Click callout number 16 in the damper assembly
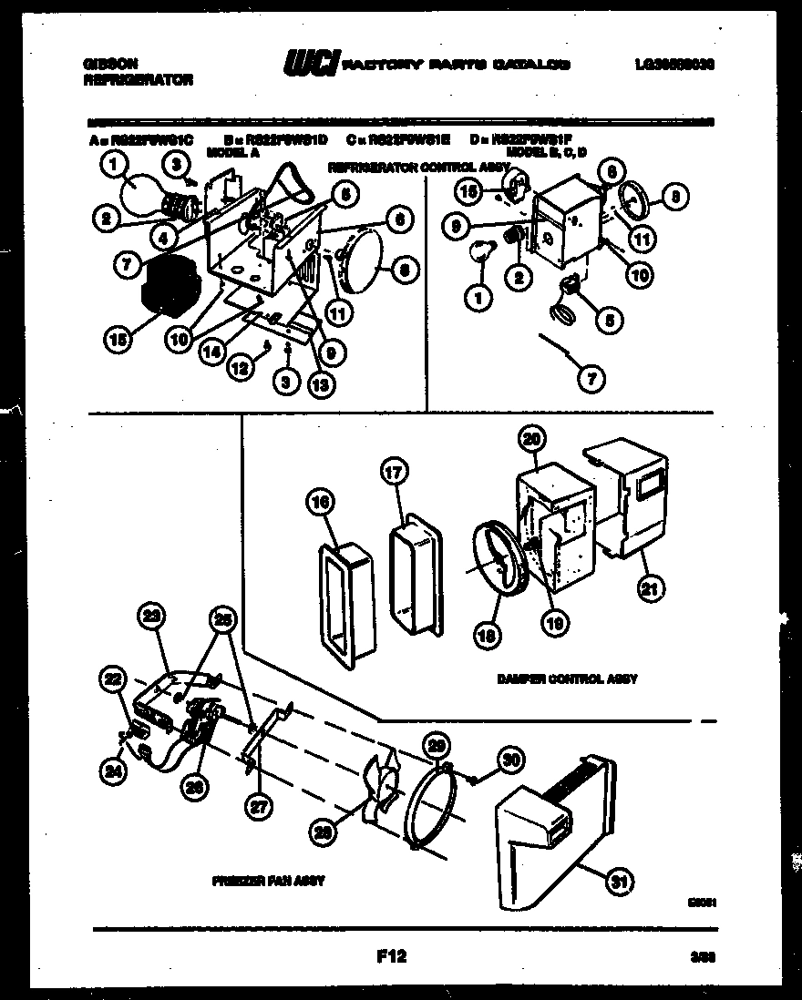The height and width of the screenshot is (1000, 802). click(320, 502)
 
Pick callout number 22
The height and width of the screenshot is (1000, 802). click(112, 678)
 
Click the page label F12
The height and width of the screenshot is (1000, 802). click(390, 956)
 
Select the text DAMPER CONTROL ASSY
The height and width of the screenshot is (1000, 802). click(567, 679)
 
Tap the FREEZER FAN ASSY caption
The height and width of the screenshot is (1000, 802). click(269, 882)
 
